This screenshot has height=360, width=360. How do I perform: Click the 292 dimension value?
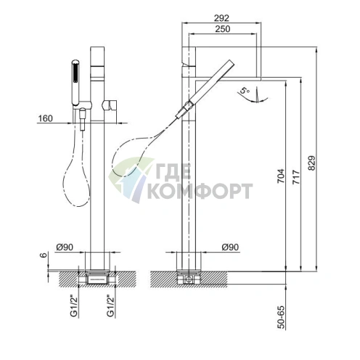point(221,18)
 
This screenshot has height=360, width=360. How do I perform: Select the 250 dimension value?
point(223,29)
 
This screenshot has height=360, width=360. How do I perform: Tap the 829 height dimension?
point(312,163)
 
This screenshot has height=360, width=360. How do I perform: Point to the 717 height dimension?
point(296,177)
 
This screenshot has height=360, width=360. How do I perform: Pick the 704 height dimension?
point(281,176)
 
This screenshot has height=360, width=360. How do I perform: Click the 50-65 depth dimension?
point(281,317)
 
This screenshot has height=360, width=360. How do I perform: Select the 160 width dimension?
point(45,118)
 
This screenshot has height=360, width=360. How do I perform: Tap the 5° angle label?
point(245,91)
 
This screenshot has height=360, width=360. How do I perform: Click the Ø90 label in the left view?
point(65,247)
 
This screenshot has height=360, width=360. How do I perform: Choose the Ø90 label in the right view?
point(230,247)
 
